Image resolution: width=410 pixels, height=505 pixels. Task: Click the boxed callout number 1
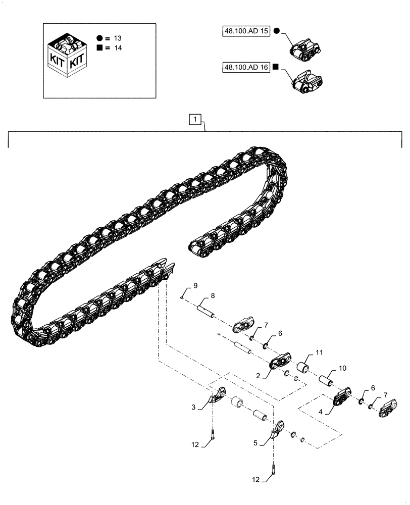click(196, 120)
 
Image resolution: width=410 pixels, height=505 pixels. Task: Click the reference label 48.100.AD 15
click(246, 31)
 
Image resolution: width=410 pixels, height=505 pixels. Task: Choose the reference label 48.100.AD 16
click(246, 67)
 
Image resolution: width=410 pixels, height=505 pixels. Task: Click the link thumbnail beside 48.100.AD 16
click(306, 82)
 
